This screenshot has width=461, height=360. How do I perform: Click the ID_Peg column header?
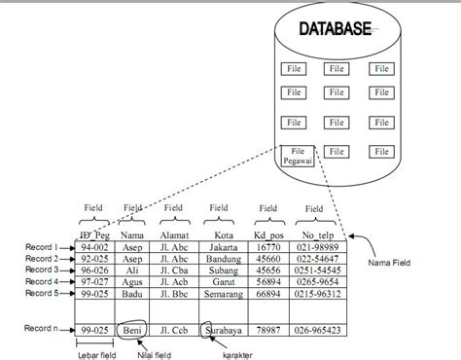click(x=92, y=234)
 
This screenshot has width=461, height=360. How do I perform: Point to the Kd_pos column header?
click(x=267, y=234)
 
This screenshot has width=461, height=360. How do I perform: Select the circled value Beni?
click(x=133, y=331)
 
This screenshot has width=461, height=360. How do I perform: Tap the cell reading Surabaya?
click(x=226, y=331)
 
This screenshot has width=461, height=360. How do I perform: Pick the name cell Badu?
click(x=133, y=293)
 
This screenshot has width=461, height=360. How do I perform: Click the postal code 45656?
click(x=267, y=270)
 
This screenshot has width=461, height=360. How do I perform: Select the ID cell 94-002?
click(x=93, y=248)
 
